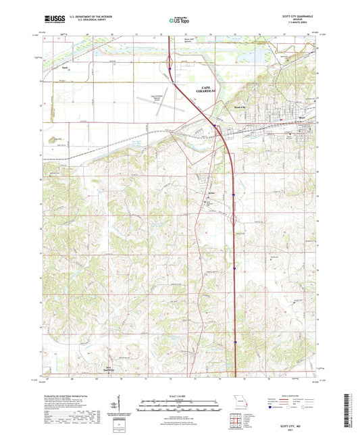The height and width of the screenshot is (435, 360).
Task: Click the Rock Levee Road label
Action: [x=175, y=59]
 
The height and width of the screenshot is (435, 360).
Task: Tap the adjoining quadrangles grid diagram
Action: [x=237, y=420]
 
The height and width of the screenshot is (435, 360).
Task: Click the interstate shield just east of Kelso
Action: [x=233, y=195]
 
